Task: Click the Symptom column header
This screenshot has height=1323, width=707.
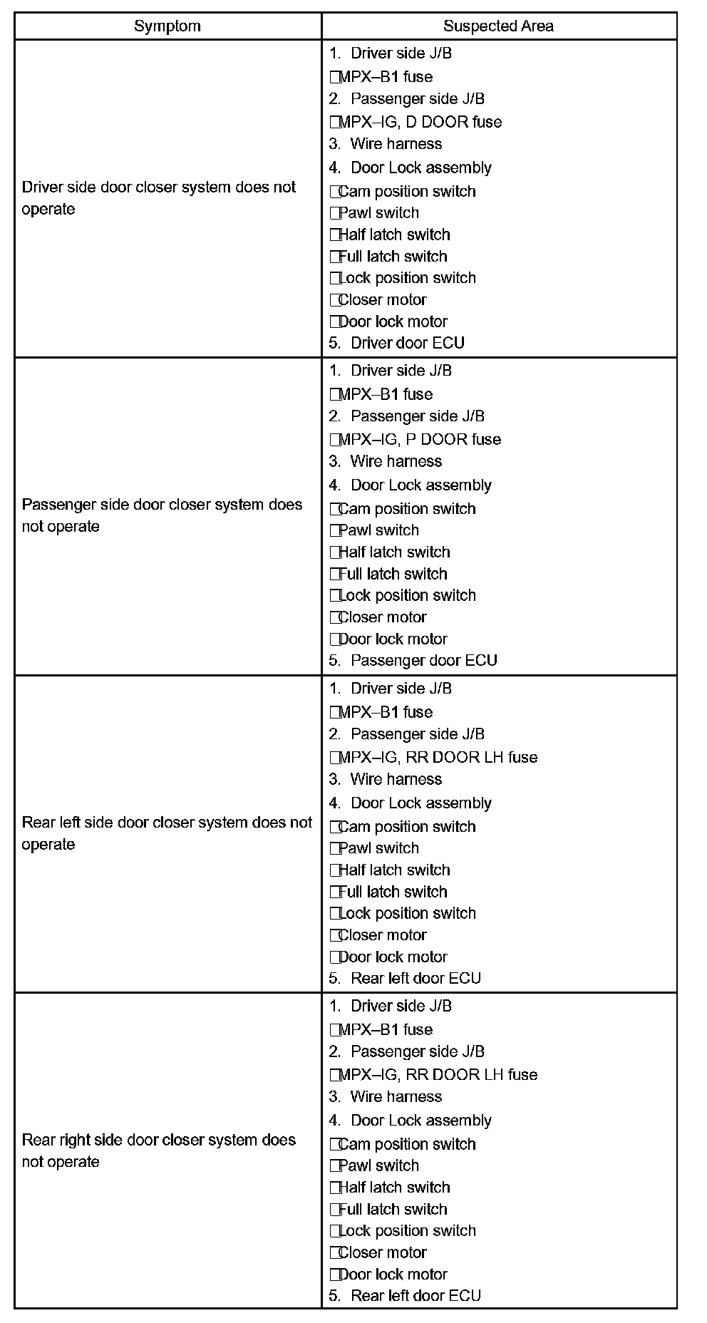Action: point(167,26)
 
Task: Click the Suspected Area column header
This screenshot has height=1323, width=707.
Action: point(498,26)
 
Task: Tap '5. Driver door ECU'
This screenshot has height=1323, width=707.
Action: point(397,343)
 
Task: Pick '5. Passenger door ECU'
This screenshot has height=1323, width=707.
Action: point(413,660)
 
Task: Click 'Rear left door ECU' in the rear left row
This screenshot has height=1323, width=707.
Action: point(406,978)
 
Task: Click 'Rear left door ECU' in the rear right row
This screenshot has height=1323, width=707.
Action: point(406,1295)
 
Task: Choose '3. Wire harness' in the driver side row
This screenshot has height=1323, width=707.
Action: point(386,144)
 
